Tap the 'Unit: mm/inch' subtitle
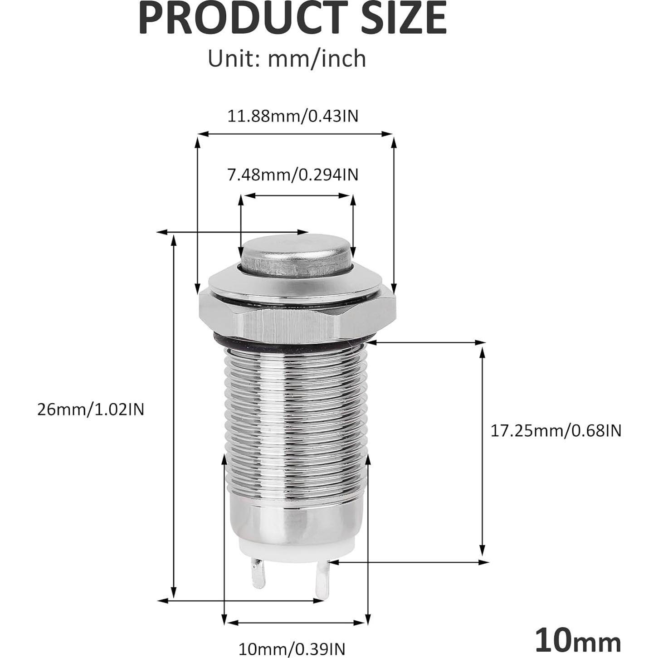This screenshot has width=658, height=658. (x=287, y=59)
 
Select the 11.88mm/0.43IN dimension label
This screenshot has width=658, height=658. (x=292, y=116)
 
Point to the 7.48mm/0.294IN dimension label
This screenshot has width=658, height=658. (x=292, y=174)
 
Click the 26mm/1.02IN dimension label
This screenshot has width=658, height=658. (x=91, y=409)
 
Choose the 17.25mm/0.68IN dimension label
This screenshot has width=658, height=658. (x=556, y=430)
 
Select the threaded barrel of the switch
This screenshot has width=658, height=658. (x=297, y=417)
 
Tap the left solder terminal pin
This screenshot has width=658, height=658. (x=258, y=573)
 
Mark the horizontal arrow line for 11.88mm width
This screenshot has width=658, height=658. (x=295, y=134)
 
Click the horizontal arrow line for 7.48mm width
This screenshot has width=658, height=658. (x=297, y=196)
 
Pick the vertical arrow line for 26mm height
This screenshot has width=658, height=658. (x=173, y=417)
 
